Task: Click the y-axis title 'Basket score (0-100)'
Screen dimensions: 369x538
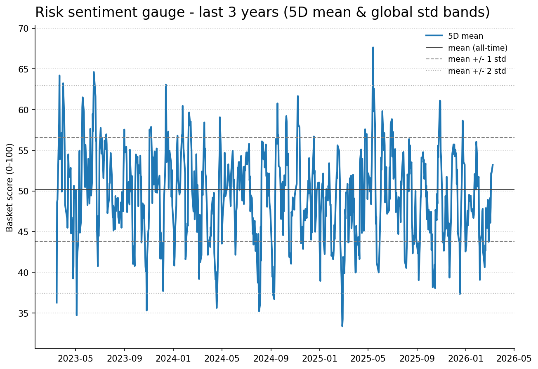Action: (x=10, y=187)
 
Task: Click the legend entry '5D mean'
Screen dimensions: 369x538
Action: (x=465, y=36)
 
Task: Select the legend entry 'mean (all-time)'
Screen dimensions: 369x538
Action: (x=477, y=48)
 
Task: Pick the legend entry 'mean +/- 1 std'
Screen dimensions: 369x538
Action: (x=477, y=59)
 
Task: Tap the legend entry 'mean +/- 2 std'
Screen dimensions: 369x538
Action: (x=477, y=71)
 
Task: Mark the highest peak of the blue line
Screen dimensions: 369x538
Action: (x=373, y=47)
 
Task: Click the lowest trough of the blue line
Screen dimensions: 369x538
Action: (x=342, y=326)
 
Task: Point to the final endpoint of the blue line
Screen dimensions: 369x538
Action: (x=493, y=165)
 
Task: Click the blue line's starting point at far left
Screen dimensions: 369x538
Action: (x=57, y=303)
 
